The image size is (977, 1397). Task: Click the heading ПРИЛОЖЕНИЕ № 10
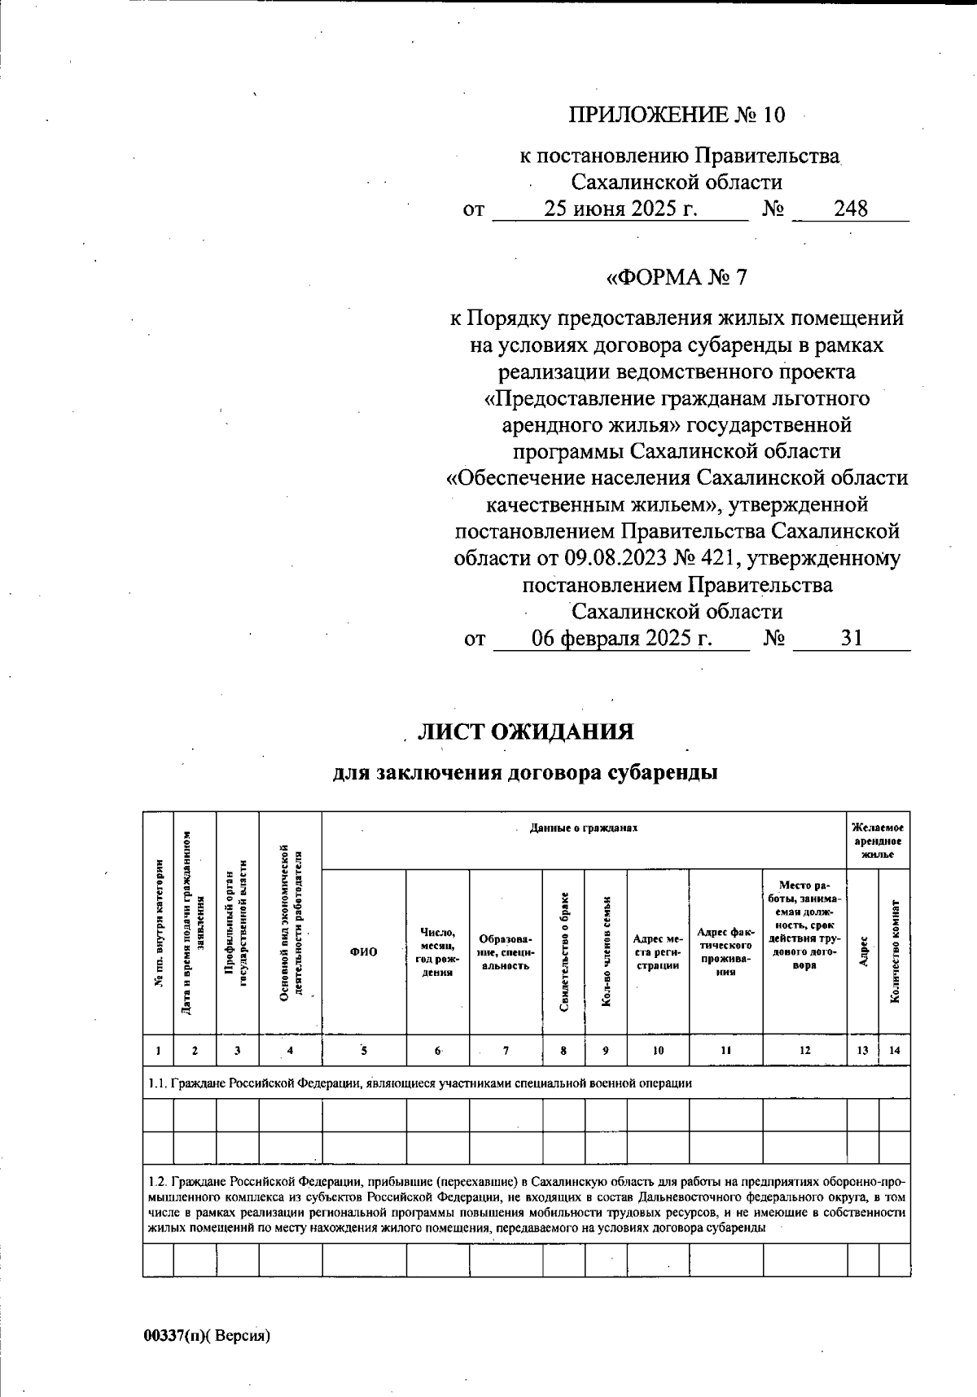coord(676,115)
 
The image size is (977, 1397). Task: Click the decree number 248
coord(850,209)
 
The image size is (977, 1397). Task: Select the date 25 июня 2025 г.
coord(620,209)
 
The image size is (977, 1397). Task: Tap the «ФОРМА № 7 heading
coord(677,278)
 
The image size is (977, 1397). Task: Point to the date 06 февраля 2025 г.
coord(622,638)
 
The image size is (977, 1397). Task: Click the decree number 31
coord(851,638)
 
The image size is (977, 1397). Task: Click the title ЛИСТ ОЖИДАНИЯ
coord(525,731)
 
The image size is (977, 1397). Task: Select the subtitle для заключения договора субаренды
coord(525,772)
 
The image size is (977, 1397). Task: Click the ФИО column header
coord(364,952)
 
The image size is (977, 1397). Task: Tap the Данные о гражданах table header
coord(583,828)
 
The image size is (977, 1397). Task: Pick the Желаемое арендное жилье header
coord(878,841)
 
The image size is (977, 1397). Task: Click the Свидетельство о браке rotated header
coord(564,952)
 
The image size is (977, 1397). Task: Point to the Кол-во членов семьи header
coord(606,952)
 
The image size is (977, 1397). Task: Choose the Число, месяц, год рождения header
coord(438,952)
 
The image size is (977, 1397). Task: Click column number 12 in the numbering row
coord(804,1051)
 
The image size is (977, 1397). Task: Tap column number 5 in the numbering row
coord(364,1051)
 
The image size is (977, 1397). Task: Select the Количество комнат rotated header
coord(895,952)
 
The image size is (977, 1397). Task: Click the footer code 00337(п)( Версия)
coord(206,1335)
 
